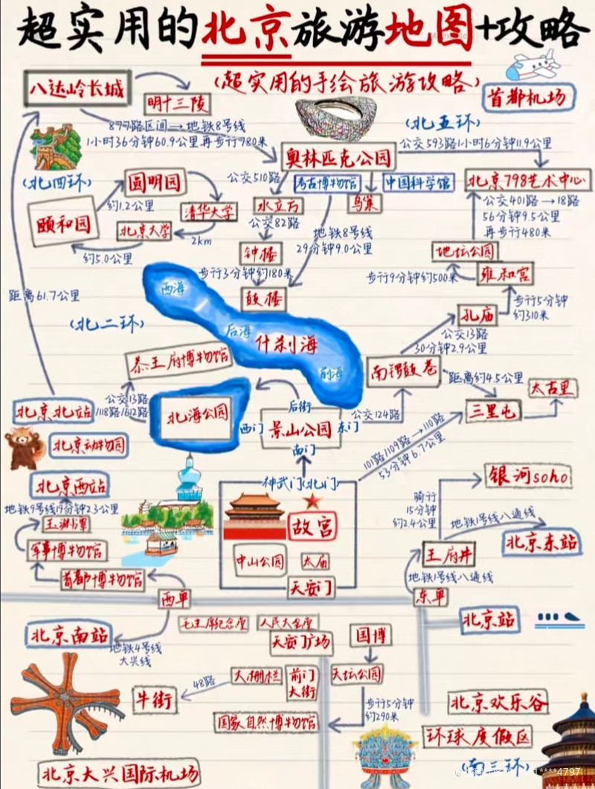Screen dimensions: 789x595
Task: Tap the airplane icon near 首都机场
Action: coord(533,66)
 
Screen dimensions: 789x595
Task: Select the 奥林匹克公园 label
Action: coord(338,157)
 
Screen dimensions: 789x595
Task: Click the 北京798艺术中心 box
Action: coord(525,181)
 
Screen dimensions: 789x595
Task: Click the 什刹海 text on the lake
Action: coord(286,343)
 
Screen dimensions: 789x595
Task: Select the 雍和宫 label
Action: coord(505,274)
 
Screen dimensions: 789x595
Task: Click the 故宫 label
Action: coord(312,526)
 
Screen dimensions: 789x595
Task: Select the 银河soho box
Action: coord(527,476)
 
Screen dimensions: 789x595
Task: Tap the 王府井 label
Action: coord(448,554)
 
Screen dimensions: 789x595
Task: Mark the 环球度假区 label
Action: coord(478,736)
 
